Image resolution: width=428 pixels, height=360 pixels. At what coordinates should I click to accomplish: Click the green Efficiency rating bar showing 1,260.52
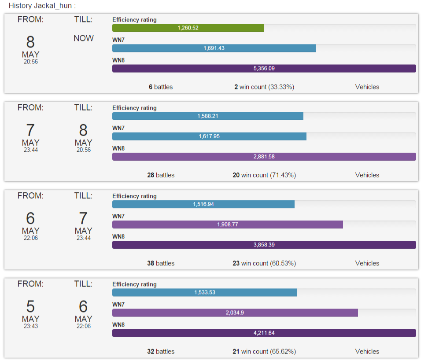tap(188, 28)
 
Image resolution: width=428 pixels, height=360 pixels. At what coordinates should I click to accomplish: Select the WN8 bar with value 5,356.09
tap(264, 68)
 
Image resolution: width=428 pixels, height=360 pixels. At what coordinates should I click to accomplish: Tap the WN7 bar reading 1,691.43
tap(214, 48)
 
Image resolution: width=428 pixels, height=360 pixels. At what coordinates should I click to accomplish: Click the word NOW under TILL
tap(84, 38)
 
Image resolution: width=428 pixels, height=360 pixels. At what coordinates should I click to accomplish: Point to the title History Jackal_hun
tap(42, 6)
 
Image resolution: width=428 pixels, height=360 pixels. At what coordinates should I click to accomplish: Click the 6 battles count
tap(161, 87)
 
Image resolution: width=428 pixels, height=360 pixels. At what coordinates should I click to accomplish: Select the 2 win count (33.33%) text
tap(264, 87)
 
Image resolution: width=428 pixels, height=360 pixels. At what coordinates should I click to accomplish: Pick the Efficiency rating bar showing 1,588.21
tap(208, 116)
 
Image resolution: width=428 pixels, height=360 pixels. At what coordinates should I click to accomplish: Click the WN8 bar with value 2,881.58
tap(264, 157)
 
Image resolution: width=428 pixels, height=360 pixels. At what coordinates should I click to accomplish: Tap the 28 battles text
tap(161, 175)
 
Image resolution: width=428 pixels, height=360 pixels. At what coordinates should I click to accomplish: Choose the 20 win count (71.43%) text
tap(264, 175)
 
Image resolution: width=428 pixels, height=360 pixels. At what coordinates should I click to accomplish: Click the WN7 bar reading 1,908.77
tap(227, 224)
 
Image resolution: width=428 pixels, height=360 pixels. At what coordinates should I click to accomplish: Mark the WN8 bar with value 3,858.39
tap(264, 245)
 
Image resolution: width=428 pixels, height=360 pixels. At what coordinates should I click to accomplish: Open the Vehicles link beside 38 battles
tap(367, 263)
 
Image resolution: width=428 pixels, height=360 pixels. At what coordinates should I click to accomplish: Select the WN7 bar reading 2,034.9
tap(235, 312)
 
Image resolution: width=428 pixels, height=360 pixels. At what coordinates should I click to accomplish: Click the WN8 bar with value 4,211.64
tap(264, 333)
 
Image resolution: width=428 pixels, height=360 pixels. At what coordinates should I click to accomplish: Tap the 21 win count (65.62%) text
tap(264, 352)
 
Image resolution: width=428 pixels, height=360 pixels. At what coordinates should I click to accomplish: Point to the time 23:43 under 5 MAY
tap(30, 326)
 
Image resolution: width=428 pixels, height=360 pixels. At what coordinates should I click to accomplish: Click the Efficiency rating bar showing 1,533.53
tap(205, 292)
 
